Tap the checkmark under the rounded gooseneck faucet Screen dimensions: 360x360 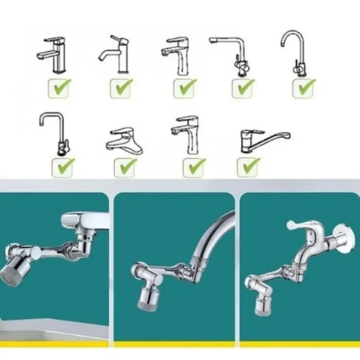[x=304, y=87]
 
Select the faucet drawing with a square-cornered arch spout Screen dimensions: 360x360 [x=54, y=133]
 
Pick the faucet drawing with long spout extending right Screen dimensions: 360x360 [x=265, y=141]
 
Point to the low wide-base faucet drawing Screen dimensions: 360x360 [x=125, y=141]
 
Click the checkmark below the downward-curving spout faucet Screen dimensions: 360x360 [x=122, y=87]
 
